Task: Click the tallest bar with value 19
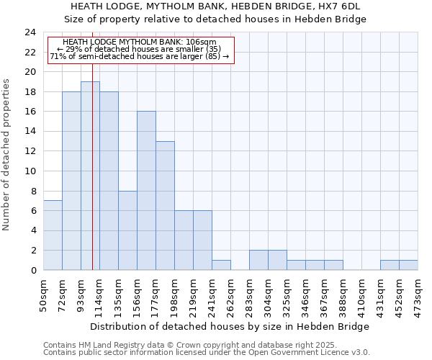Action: click(90, 176)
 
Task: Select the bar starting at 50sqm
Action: click(53, 235)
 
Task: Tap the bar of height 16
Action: click(146, 191)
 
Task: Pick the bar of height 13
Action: click(165, 206)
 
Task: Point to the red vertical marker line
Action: click(93, 180)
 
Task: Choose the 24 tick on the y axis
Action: click(30, 32)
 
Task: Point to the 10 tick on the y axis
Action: click(30, 171)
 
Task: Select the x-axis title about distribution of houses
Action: click(230, 326)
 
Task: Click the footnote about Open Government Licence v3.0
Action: click(207, 352)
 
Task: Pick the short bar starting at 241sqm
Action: click(221, 265)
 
